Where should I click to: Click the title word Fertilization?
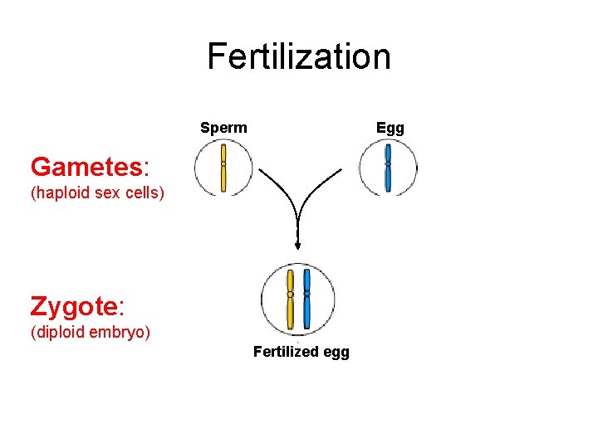click(299, 56)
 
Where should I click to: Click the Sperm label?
click(223, 128)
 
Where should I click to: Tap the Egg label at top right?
click(390, 128)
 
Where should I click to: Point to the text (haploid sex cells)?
click(98, 194)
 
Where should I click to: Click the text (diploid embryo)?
click(90, 333)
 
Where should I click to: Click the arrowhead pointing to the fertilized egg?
click(297, 244)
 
